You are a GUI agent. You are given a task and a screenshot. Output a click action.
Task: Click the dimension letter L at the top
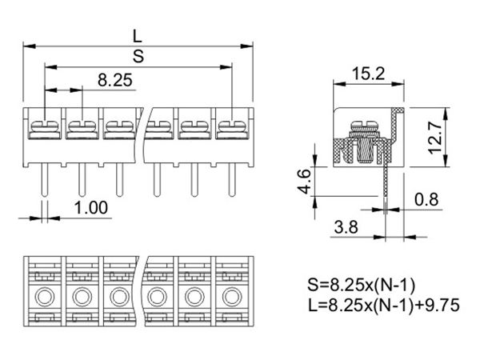point(138,35)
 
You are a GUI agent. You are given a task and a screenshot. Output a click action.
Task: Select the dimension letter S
point(138,55)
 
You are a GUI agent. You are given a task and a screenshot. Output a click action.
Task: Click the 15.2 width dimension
point(369,74)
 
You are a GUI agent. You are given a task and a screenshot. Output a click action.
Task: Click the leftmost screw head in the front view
point(44,126)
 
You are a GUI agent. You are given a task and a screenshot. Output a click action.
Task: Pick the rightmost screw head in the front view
point(230,126)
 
